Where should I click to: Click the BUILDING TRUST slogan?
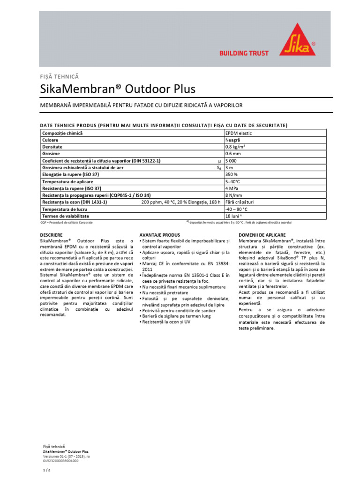point(244,53)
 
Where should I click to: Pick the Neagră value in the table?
point(233,140)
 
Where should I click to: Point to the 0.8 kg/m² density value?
point(236,147)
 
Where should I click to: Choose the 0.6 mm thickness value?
point(233,154)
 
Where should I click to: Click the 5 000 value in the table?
point(232,161)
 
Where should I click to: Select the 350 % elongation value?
point(232,174)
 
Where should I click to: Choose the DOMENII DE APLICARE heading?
point(262,235)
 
